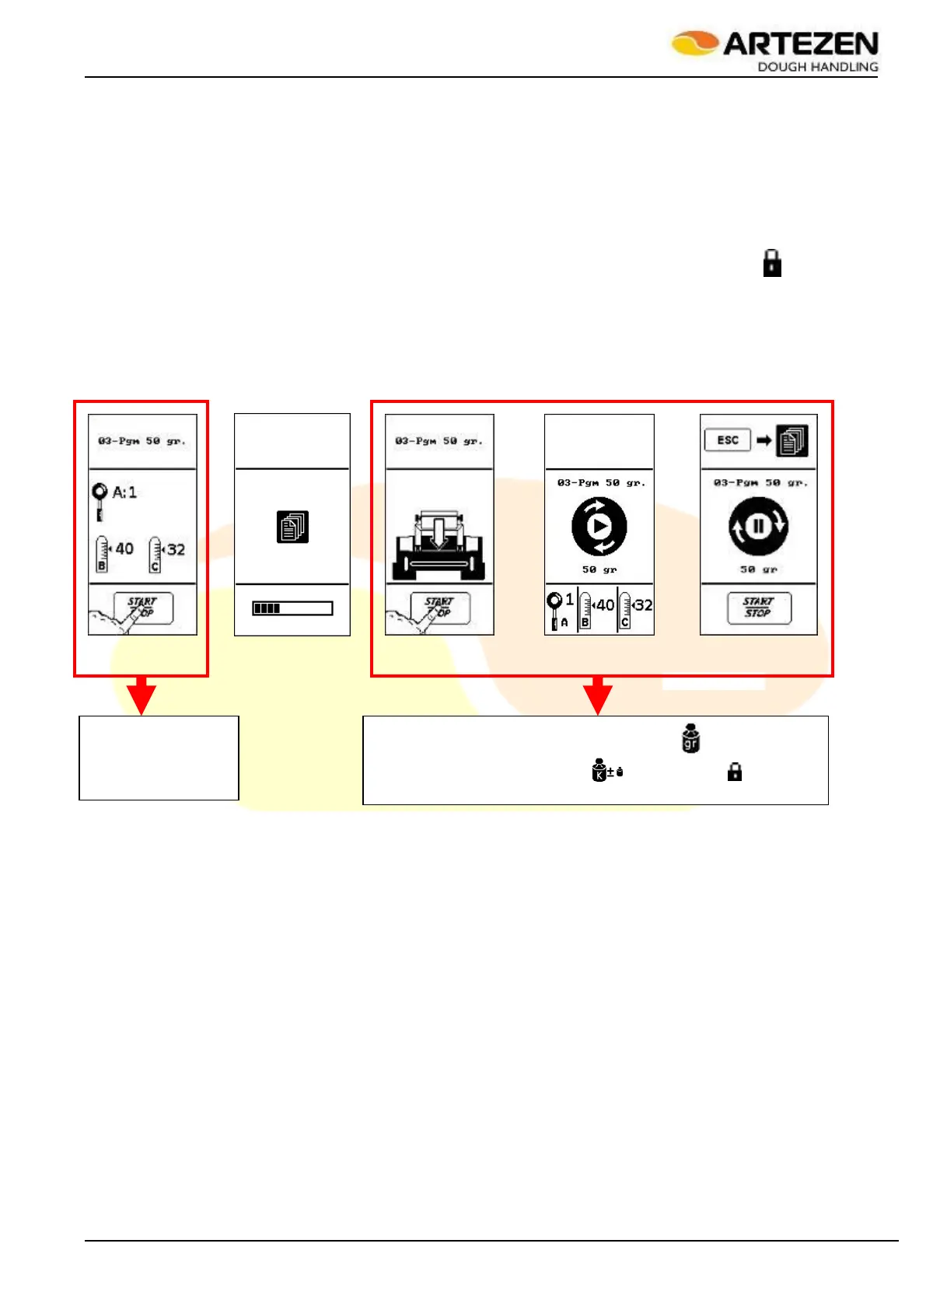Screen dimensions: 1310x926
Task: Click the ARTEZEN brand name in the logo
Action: [800, 44]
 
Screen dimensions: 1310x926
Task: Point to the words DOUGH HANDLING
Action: [817, 67]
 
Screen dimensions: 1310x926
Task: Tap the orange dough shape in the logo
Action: [694, 42]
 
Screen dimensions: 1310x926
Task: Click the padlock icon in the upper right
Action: [771, 264]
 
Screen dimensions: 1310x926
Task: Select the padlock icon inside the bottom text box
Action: [734, 772]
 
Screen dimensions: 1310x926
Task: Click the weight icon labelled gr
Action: [690, 738]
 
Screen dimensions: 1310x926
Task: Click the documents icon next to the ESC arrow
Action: [792, 441]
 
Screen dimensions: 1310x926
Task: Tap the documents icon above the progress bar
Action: [292, 527]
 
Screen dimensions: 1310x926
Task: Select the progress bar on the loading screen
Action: [292, 608]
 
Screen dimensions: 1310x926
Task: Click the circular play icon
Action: [599, 527]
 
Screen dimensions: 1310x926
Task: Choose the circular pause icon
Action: [758, 527]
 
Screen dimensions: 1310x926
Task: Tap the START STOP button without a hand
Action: [759, 608]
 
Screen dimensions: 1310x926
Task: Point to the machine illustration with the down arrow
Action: [439, 545]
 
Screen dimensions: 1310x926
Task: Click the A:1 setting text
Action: [124, 492]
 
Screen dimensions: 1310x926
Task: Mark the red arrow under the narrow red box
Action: [141, 695]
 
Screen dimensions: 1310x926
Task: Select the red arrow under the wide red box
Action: [597, 695]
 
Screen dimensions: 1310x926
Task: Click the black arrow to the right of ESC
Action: [764, 440]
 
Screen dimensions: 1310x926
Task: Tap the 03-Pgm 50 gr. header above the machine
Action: [439, 441]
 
